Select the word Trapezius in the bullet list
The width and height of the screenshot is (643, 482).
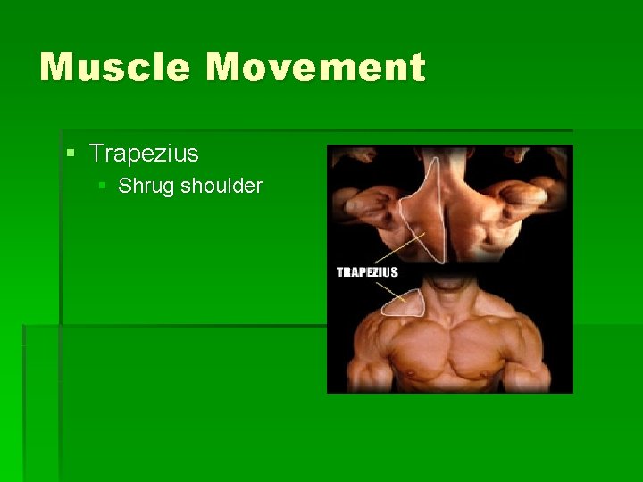(x=144, y=154)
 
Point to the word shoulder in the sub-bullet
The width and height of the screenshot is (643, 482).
(x=221, y=186)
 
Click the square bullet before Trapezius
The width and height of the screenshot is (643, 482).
(x=71, y=154)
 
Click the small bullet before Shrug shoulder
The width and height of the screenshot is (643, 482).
(x=103, y=186)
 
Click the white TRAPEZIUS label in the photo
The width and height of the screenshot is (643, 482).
(x=367, y=271)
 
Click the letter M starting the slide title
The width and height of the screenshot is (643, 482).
(x=60, y=68)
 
